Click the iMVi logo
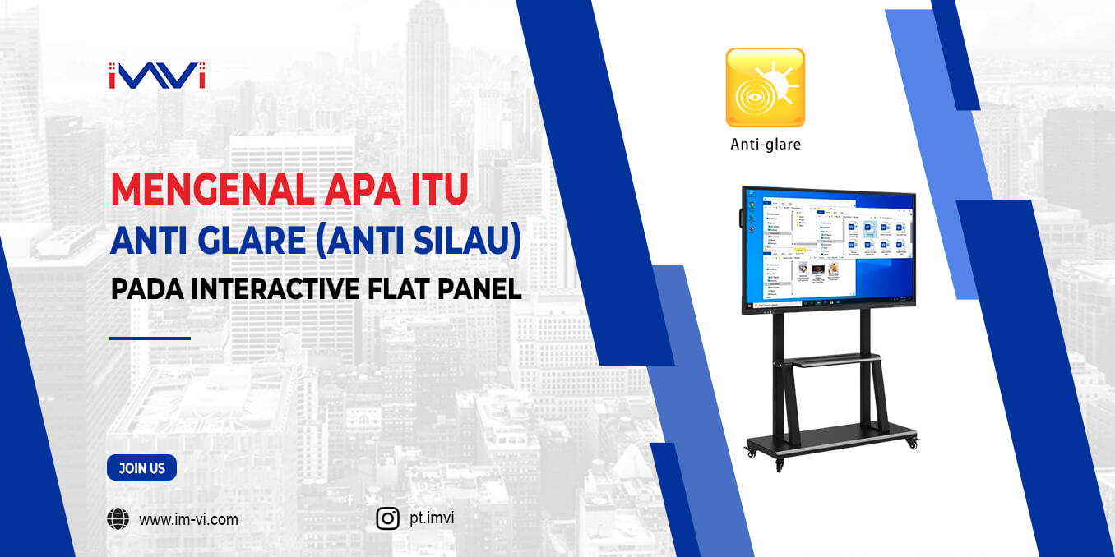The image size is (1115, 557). (x=156, y=76)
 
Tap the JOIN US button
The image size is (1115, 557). (x=141, y=468)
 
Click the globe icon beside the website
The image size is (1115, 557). (x=118, y=519)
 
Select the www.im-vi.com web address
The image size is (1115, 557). (x=188, y=519)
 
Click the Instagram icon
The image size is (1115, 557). (x=387, y=518)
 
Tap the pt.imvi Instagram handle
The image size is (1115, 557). (x=431, y=518)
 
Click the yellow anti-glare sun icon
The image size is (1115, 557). (x=765, y=87)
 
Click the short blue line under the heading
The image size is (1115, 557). (x=150, y=338)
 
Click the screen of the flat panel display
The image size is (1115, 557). (x=829, y=248)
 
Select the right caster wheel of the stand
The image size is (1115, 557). (x=911, y=444)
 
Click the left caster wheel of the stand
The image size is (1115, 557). (x=750, y=451)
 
